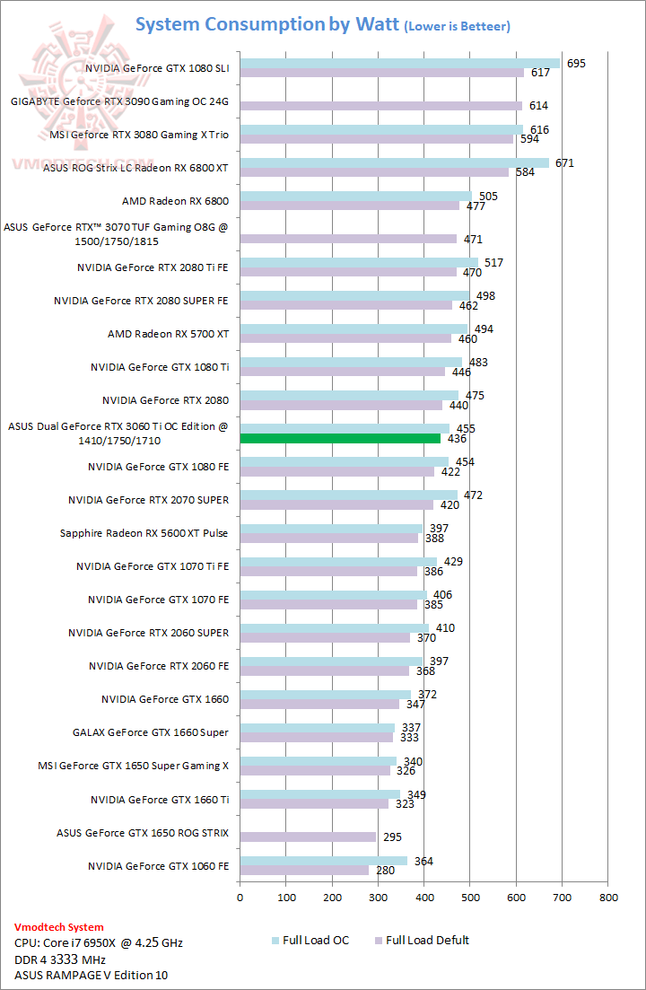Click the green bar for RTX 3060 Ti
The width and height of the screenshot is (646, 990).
click(340, 438)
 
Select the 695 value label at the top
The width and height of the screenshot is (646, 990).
click(577, 64)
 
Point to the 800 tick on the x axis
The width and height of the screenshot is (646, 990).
click(608, 896)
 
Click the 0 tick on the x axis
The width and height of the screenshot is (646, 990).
click(240, 896)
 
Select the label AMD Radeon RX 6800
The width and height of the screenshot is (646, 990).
click(175, 201)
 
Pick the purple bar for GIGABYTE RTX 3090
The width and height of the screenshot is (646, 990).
click(380, 106)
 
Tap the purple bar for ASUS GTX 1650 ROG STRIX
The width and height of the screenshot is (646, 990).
click(308, 837)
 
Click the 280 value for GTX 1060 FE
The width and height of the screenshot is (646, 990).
click(385, 871)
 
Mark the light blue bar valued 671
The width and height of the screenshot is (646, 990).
click(394, 162)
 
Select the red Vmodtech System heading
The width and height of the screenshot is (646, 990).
click(59, 927)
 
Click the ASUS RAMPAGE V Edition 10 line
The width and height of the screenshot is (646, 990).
click(91, 975)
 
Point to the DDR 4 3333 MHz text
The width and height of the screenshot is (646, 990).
click(69, 959)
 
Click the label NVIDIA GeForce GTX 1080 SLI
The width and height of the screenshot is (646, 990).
click(156, 68)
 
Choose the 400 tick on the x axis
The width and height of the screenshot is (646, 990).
click(423, 896)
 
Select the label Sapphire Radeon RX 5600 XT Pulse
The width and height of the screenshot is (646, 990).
click(144, 533)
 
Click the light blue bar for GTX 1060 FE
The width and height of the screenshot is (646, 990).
click(323, 860)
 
